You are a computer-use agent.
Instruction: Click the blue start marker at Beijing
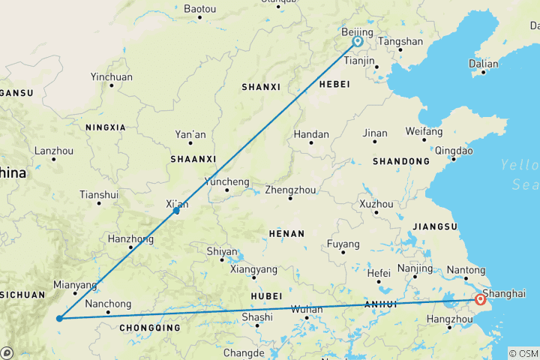pyautogui.click(x=358, y=42)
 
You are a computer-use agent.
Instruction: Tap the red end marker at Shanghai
pyautogui.click(x=480, y=301)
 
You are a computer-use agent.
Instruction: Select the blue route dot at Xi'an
pyautogui.click(x=175, y=211)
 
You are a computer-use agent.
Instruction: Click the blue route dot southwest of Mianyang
pyautogui.click(x=58, y=318)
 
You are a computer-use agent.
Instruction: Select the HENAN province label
pyautogui.click(x=286, y=233)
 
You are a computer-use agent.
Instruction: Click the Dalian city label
pyautogui.click(x=483, y=64)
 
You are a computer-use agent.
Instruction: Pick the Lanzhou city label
pyautogui.click(x=53, y=150)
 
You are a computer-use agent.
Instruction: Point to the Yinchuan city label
pyautogui.click(x=111, y=76)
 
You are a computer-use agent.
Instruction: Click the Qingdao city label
pyautogui.click(x=454, y=149)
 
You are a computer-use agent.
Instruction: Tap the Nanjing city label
pyautogui.click(x=415, y=268)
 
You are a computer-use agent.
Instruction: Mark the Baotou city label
pyautogui.click(x=199, y=8)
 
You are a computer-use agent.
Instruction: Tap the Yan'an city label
pyautogui.click(x=190, y=134)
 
